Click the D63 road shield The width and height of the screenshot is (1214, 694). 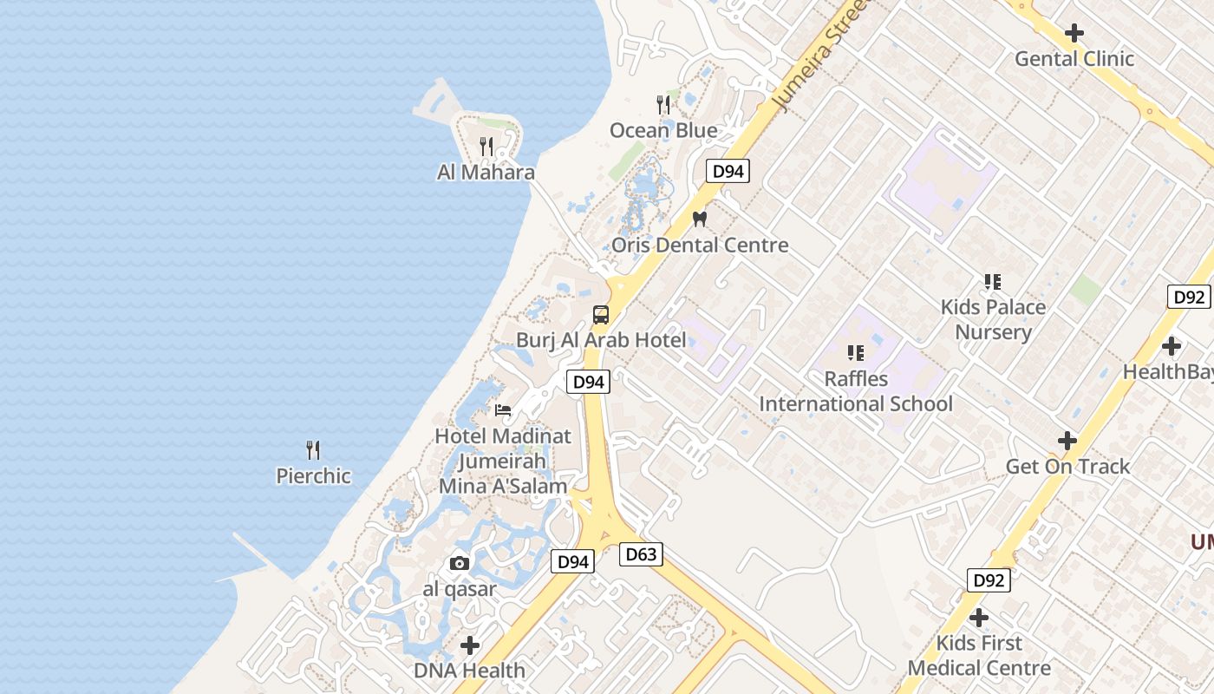point(641,554)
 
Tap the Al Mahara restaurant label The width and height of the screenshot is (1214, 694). point(486,172)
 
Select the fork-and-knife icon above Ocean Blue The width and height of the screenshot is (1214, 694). point(663,105)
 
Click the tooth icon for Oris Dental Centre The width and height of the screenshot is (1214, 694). point(700,219)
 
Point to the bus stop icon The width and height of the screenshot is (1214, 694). point(601,314)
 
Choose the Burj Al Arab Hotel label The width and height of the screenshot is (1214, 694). point(601,339)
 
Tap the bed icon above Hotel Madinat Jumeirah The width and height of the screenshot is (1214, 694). point(503,410)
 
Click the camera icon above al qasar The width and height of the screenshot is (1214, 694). point(460,564)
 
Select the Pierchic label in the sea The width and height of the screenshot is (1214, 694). point(313,475)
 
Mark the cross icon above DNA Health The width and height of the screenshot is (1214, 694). point(470,645)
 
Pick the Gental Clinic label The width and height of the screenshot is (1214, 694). point(1074,58)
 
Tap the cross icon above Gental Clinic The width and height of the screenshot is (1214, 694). point(1074,33)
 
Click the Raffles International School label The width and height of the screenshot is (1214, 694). point(856,391)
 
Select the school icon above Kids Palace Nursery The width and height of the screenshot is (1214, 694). point(993,281)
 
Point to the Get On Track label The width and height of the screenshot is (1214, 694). point(1067,466)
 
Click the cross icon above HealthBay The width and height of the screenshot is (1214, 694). point(1172,346)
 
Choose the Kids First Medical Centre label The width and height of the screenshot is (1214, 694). point(979,656)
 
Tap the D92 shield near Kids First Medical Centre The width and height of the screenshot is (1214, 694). point(988,580)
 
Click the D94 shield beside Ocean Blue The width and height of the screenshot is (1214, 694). point(728,171)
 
